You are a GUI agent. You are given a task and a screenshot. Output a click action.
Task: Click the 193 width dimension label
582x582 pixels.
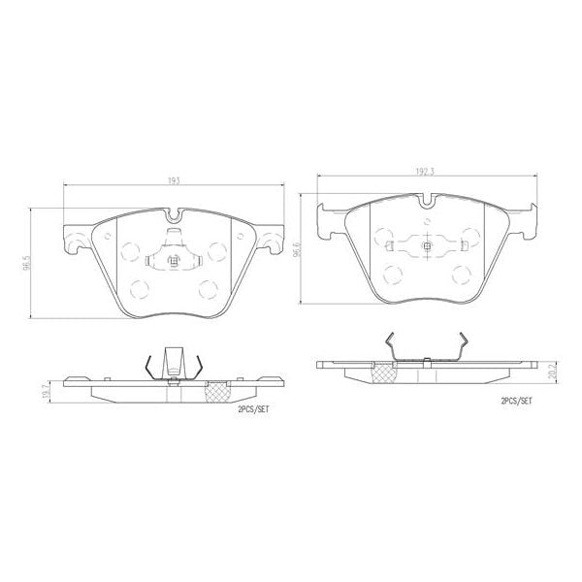175,181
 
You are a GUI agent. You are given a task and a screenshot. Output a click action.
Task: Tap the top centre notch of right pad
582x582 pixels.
427,202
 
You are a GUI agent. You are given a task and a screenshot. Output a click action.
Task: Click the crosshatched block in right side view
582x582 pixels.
385,374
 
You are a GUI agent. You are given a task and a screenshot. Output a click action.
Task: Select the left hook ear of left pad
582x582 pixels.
72,239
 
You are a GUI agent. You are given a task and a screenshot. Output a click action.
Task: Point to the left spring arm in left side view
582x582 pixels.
148,366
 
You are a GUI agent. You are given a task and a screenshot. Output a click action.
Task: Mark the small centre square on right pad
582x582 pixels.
427,245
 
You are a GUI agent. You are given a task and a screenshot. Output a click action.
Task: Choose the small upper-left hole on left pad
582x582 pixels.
107,235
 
